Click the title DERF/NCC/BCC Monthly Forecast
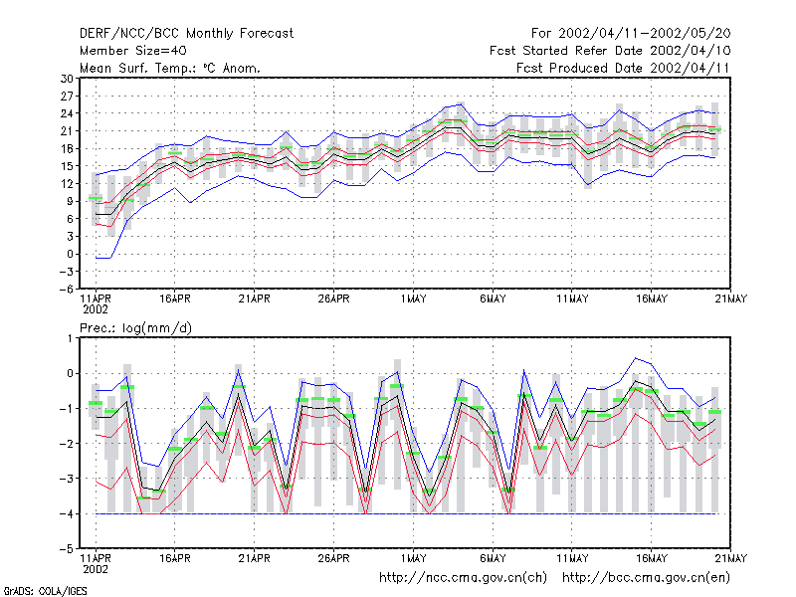pyautogui.click(x=186, y=34)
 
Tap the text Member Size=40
pyautogui.click(x=133, y=51)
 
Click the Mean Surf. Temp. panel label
pyautogui.click(x=170, y=68)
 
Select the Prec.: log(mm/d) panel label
pyautogui.click(x=135, y=328)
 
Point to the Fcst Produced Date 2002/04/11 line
pyautogui.click(x=623, y=68)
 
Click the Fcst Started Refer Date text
pyautogui.click(x=566, y=51)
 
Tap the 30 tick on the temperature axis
pyautogui.click(x=67, y=79)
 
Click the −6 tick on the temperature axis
pyautogui.click(x=67, y=290)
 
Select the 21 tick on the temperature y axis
pyautogui.click(x=67, y=131)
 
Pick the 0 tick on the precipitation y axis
pyautogui.click(x=71, y=374)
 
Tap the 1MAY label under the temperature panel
pyautogui.click(x=413, y=299)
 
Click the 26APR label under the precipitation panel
pyautogui.click(x=333, y=558)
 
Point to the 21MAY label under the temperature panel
pyautogui.click(x=731, y=299)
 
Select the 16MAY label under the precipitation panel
pyautogui.click(x=652, y=558)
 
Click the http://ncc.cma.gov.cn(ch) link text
pyautogui.click(x=463, y=578)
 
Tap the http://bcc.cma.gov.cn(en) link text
pyautogui.click(x=646, y=578)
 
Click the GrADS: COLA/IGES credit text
pyautogui.click(x=45, y=591)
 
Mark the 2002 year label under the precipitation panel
pyautogui.click(x=96, y=569)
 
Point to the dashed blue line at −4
pyautogui.click(x=406, y=513)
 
